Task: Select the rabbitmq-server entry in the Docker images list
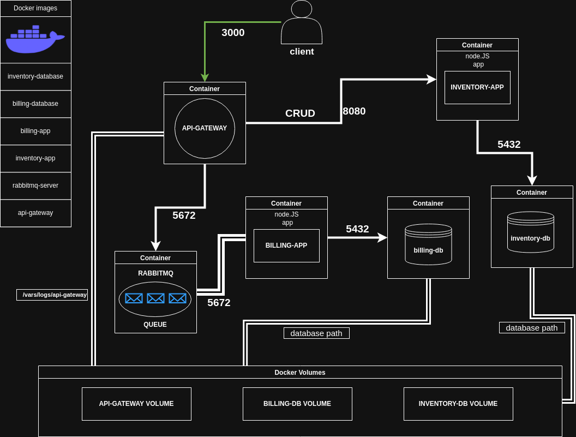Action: [x=35, y=185]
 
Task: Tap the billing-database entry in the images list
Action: [x=35, y=104]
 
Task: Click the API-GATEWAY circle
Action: [x=205, y=128]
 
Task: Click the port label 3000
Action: [x=233, y=33]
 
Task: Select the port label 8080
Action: [x=354, y=111]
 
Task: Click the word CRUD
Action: [x=300, y=113]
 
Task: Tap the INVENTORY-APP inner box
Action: [x=477, y=87]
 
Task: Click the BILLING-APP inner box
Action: [x=286, y=246]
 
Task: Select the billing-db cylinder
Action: [x=428, y=244]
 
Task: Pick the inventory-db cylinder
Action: [x=530, y=232]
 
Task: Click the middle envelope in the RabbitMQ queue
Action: [x=155, y=298]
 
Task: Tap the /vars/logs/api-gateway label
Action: [x=52, y=295]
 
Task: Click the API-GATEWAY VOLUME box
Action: [x=136, y=404]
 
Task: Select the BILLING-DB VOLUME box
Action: [x=297, y=404]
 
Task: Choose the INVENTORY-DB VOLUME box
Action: [x=458, y=404]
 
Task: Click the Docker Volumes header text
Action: [x=299, y=372]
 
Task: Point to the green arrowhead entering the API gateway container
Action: [x=205, y=78]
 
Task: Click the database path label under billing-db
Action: [x=316, y=333]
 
